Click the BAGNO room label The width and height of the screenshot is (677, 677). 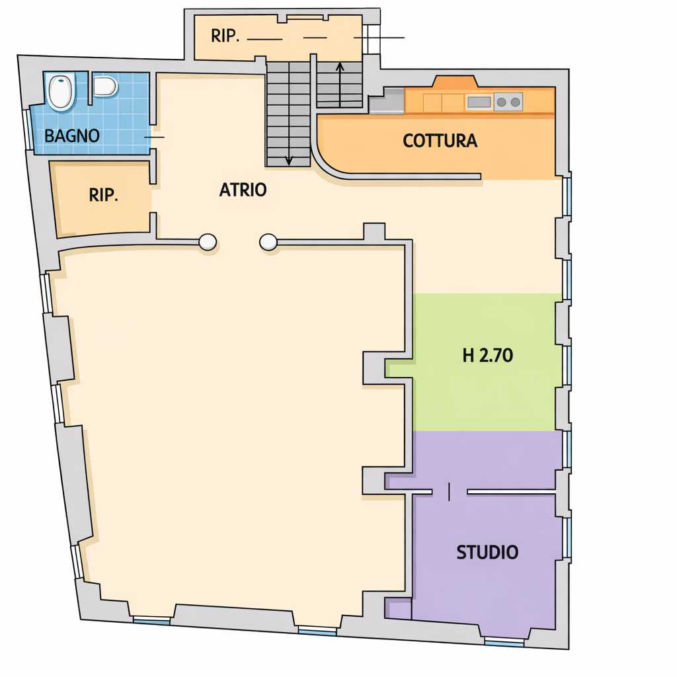point(72,136)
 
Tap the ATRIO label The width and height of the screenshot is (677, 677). point(243,190)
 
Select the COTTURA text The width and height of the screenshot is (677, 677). point(440,141)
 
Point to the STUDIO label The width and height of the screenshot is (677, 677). point(487,552)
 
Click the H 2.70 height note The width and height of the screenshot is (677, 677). point(487,355)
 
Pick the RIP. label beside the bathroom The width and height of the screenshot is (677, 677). point(103,195)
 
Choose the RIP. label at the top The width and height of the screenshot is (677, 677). point(225,36)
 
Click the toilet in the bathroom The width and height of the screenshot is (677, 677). point(60,91)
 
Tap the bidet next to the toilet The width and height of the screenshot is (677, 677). point(105,86)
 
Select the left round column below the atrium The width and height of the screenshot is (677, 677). point(208,242)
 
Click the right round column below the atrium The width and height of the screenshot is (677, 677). point(268,242)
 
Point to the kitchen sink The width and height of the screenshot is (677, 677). point(479,102)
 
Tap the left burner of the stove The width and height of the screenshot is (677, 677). point(501,102)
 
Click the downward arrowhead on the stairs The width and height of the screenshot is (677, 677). point(289,161)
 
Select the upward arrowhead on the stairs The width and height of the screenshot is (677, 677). point(340,67)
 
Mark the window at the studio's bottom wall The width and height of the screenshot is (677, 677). point(504,643)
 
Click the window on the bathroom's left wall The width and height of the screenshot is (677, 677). point(28,130)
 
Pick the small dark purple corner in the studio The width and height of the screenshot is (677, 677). point(398,609)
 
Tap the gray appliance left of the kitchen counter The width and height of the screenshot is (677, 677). point(386,101)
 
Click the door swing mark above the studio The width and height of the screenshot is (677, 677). point(450,492)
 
